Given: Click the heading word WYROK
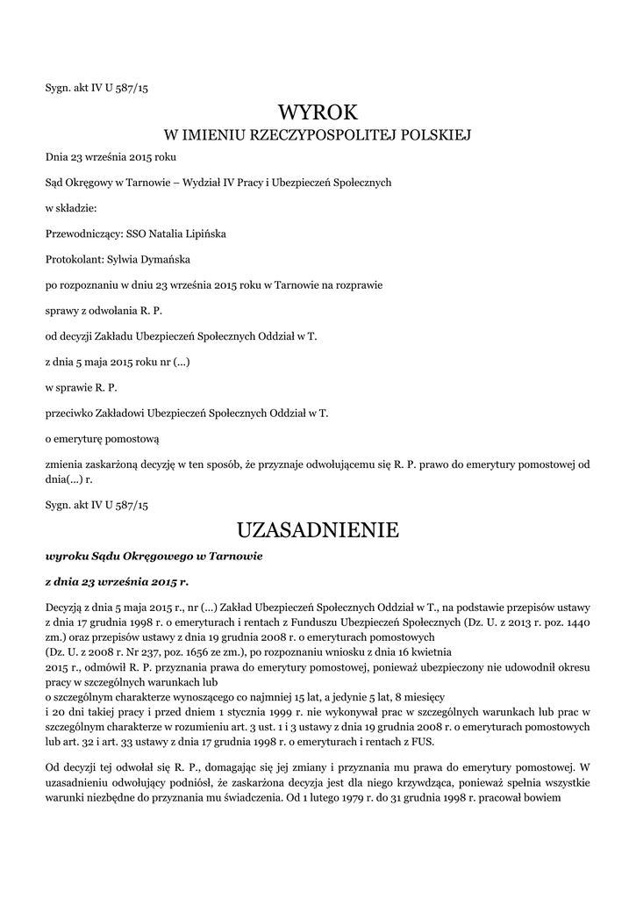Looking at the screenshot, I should coord(318,111).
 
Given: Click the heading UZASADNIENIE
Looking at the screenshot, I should coord(318,530).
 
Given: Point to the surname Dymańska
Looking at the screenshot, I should coord(175,260).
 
